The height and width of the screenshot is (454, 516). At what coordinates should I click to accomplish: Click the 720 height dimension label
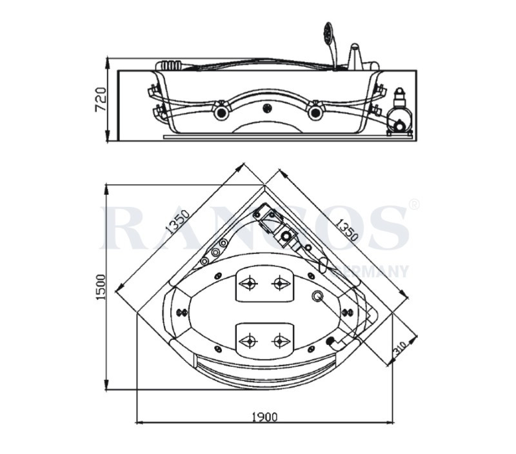(x=101, y=99)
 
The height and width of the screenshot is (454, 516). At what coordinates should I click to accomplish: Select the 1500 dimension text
(x=101, y=286)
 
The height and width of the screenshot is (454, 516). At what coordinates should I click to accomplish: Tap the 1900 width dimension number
(x=265, y=417)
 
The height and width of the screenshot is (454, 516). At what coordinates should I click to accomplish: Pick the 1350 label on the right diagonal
(x=346, y=229)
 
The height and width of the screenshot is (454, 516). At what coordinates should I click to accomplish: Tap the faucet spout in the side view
(x=355, y=55)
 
